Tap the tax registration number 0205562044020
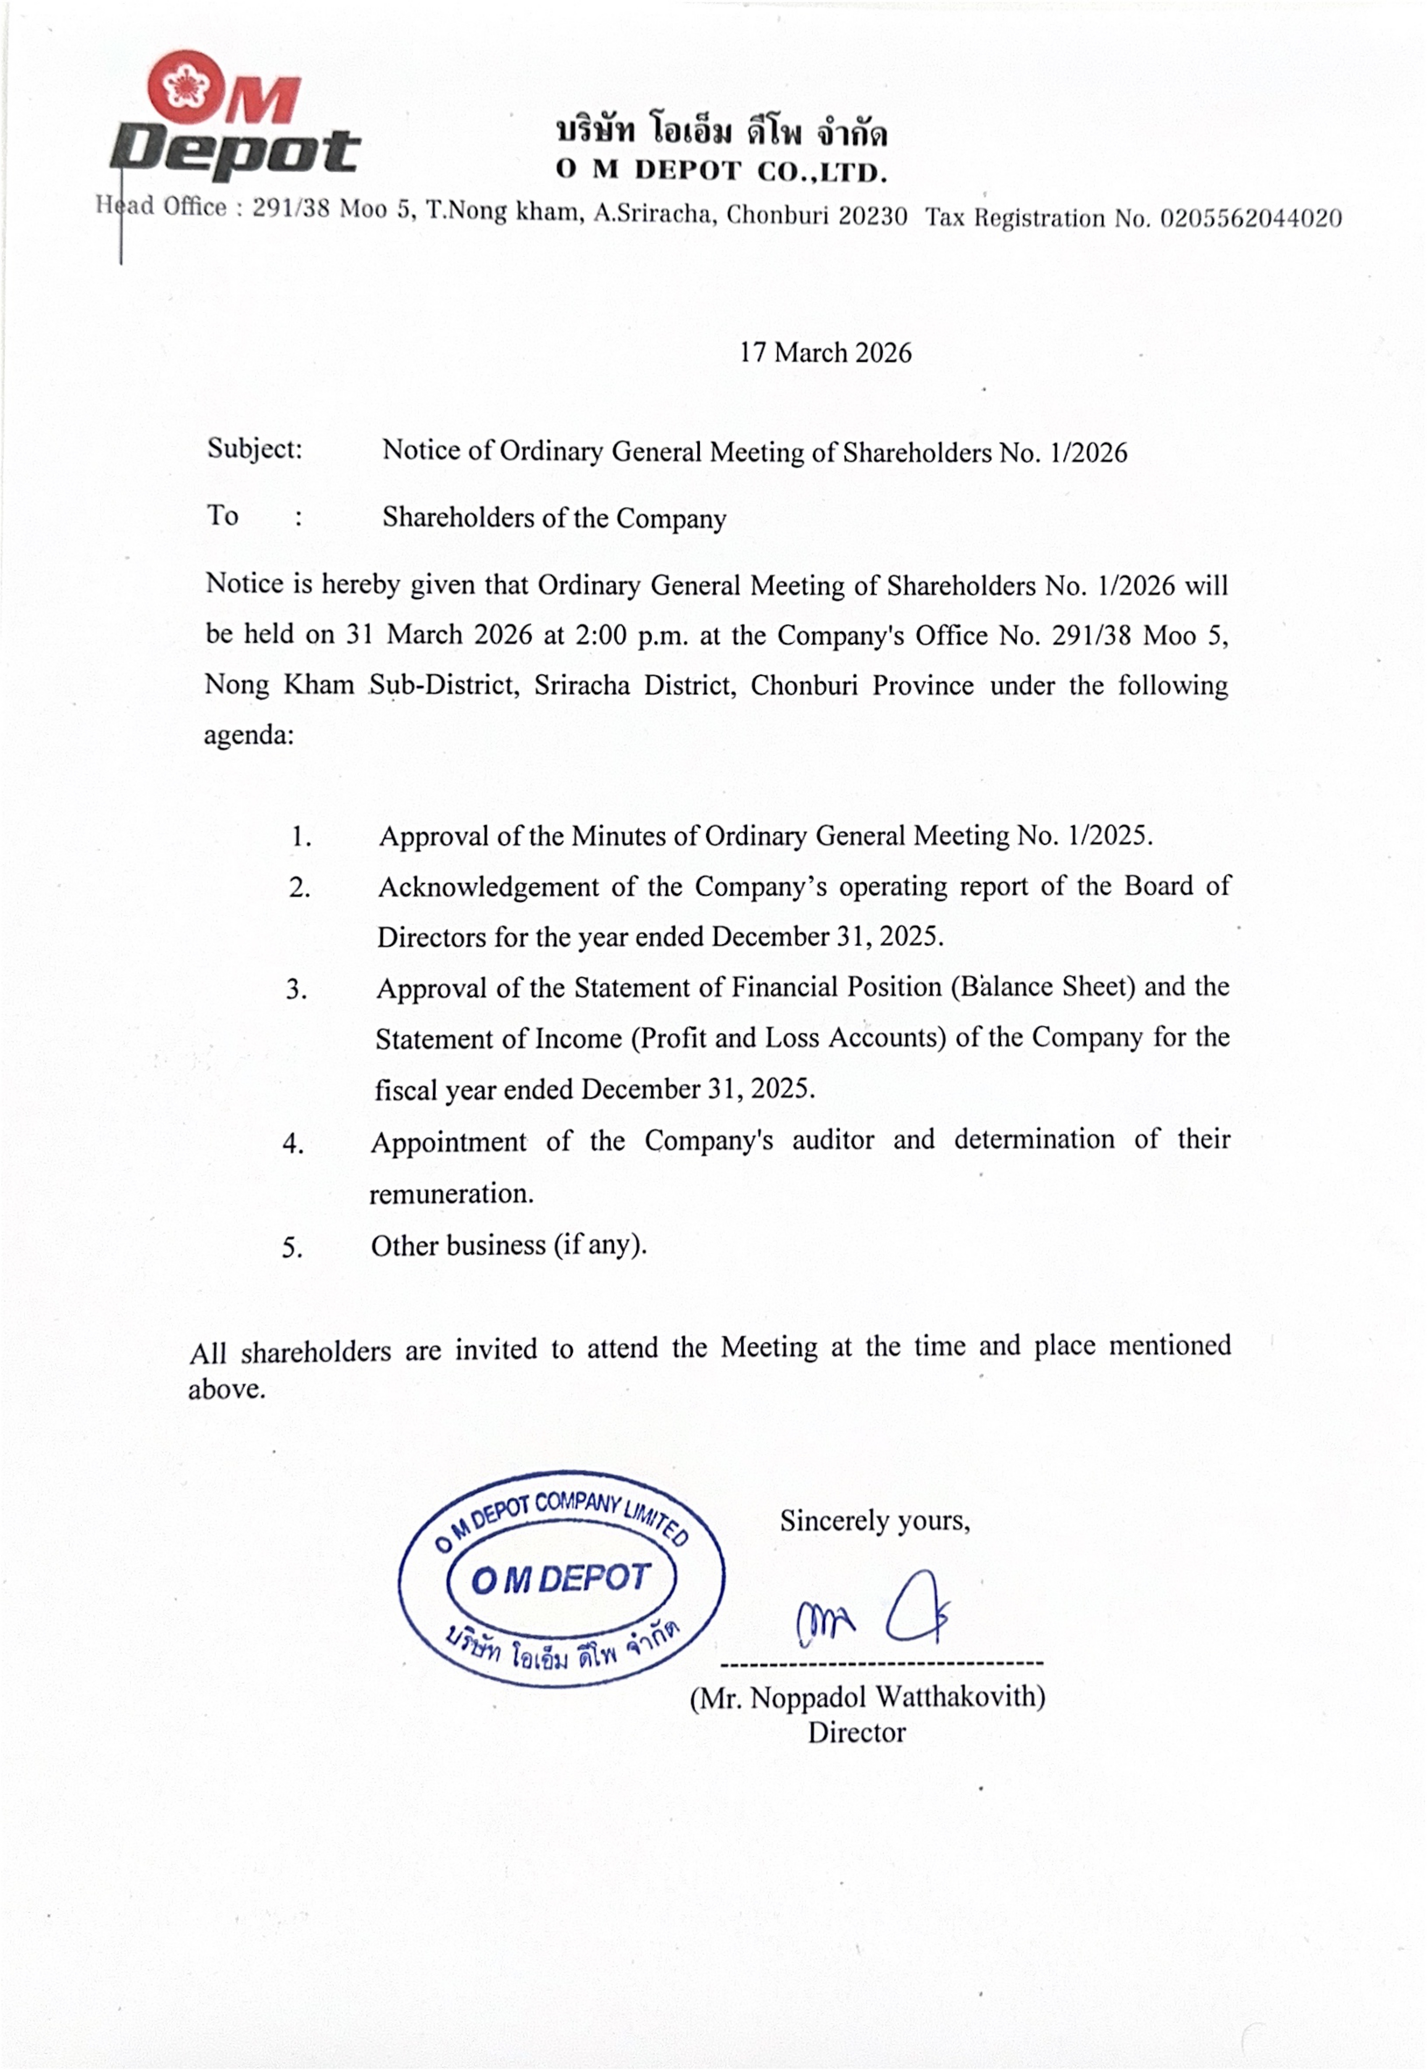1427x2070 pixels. (x=1250, y=218)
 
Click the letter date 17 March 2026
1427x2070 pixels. (x=824, y=353)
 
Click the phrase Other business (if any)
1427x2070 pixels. (x=508, y=1245)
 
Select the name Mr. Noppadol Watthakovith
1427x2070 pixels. (x=867, y=1697)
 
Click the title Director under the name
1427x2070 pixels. (x=856, y=1733)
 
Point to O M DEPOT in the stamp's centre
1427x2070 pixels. (x=561, y=1579)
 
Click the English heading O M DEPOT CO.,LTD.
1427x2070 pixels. (x=721, y=171)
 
